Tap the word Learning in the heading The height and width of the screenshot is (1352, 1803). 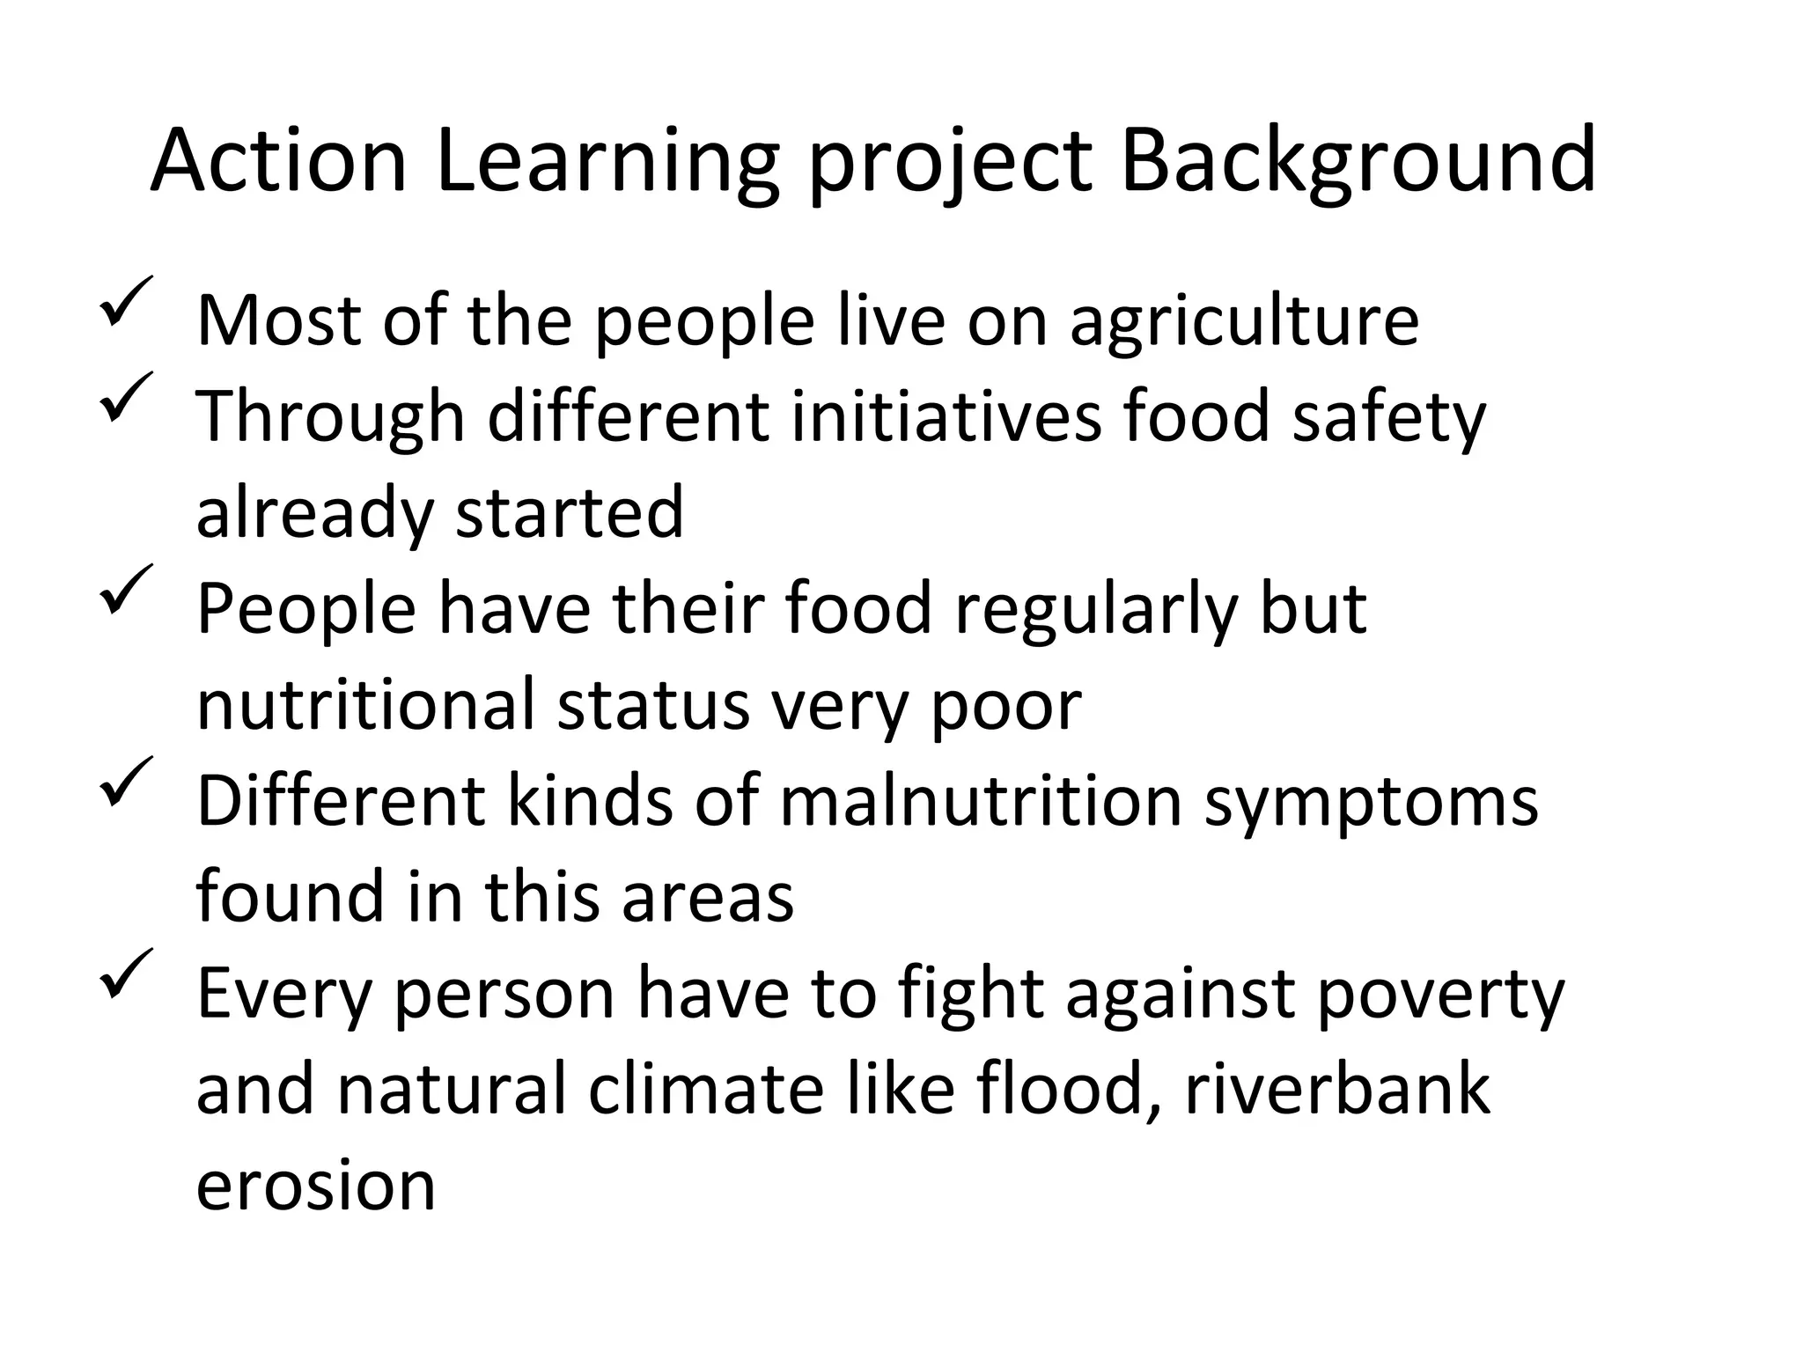point(607,163)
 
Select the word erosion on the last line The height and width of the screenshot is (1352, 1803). point(316,1187)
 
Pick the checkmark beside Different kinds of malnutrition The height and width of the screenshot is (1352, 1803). point(126,782)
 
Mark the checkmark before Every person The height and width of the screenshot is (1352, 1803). point(126,974)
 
